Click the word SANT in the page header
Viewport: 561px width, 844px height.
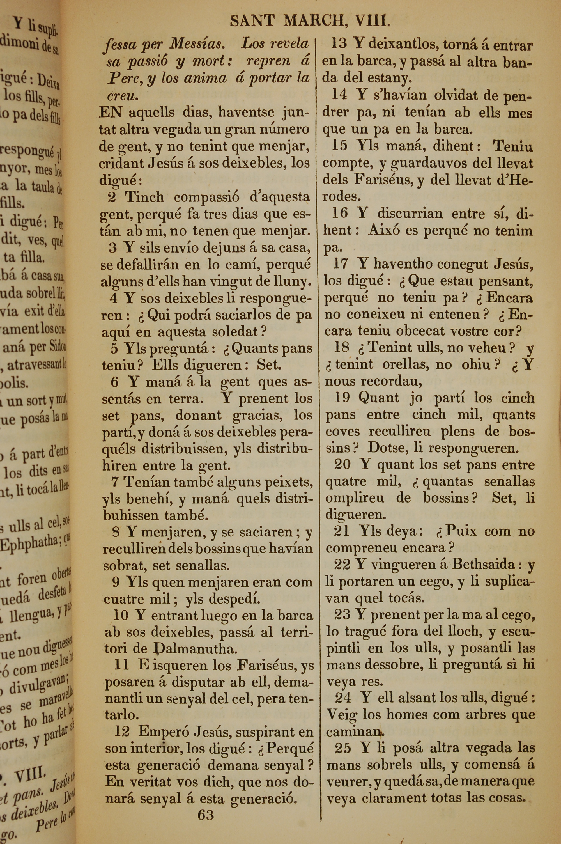[252, 22]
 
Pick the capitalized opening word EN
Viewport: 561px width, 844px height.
[111, 112]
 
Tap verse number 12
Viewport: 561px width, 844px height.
[122, 732]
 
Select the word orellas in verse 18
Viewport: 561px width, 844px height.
[405, 364]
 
